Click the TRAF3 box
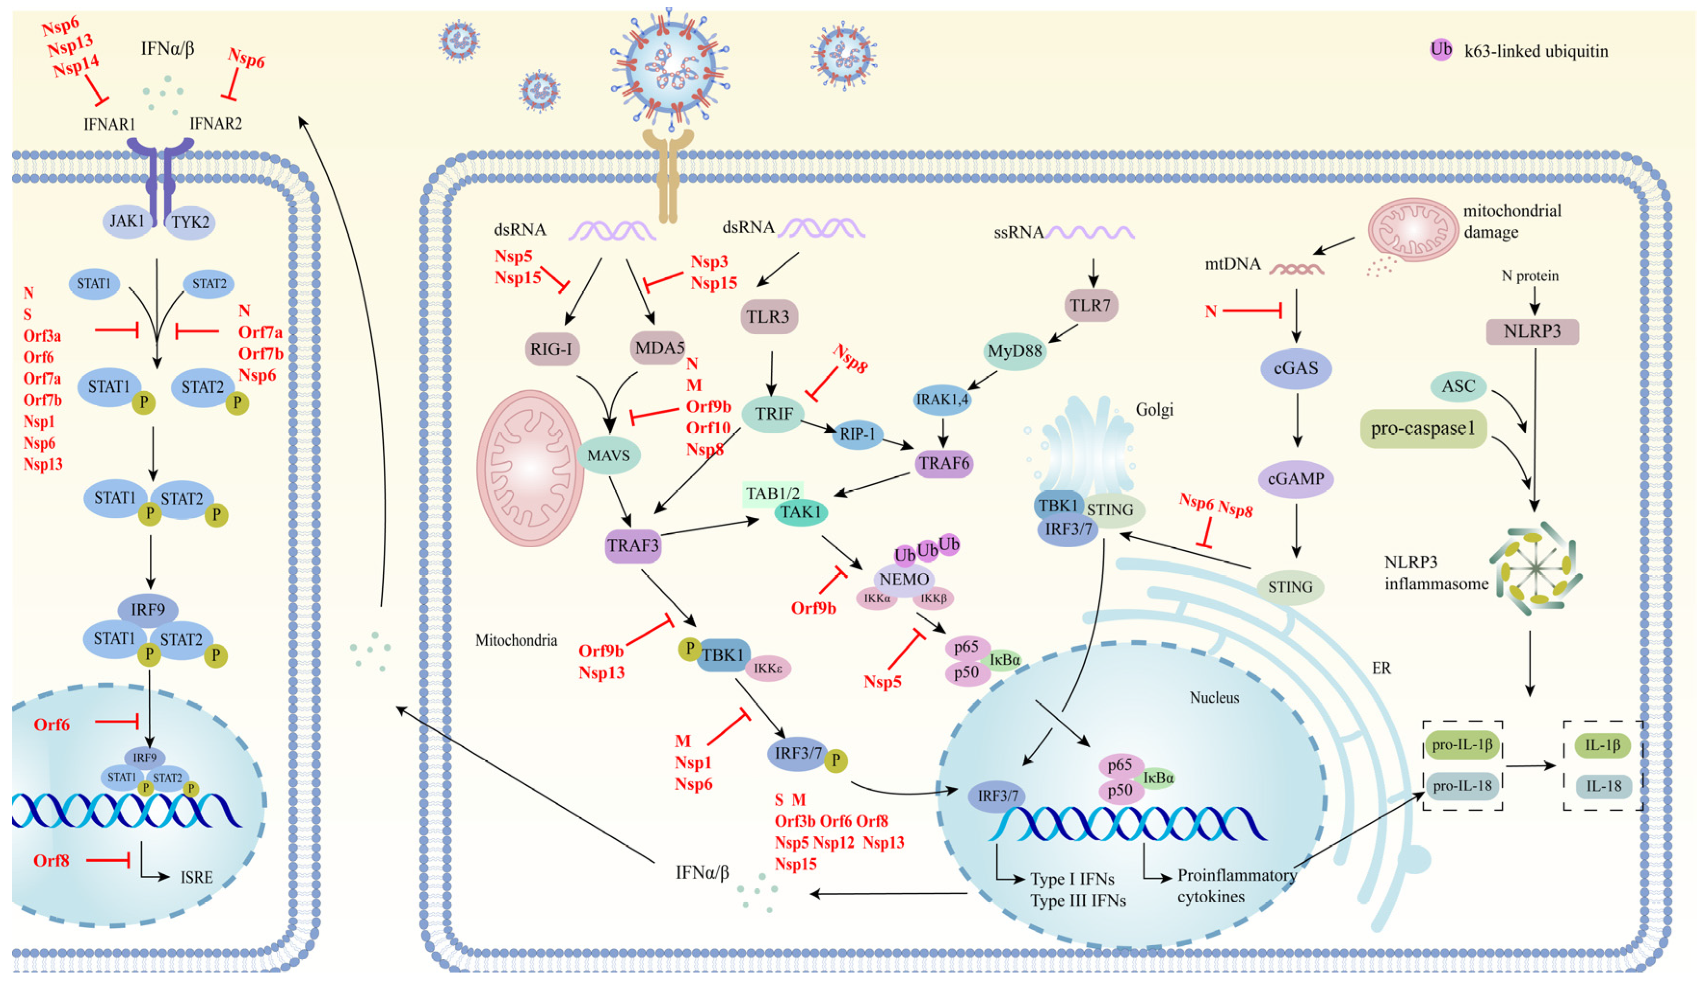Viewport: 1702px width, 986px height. coord(632,545)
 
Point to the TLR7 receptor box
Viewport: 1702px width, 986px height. coord(1090,306)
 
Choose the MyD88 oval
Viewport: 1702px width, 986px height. coord(1014,351)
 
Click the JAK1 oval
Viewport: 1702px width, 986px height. coord(128,221)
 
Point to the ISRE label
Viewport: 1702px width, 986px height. coord(196,877)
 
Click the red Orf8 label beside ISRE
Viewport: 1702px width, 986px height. coord(52,860)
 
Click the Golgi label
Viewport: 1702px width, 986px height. coord(1154,410)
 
